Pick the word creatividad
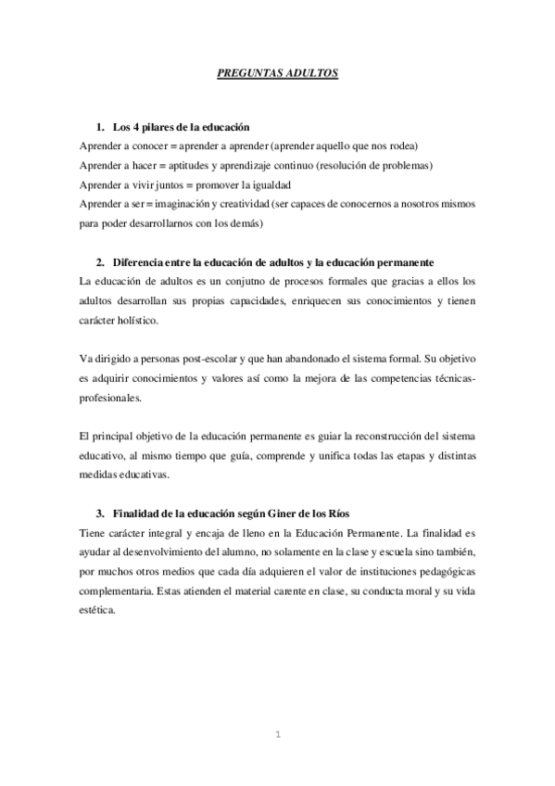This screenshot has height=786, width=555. pyautogui.click(x=246, y=205)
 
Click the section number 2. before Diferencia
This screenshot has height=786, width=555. pyautogui.click(x=101, y=262)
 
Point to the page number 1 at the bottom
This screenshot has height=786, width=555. pyautogui.click(x=277, y=736)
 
